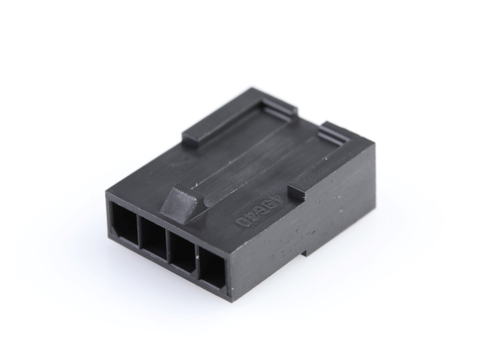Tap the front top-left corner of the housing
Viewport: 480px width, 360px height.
(x=106, y=192)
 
